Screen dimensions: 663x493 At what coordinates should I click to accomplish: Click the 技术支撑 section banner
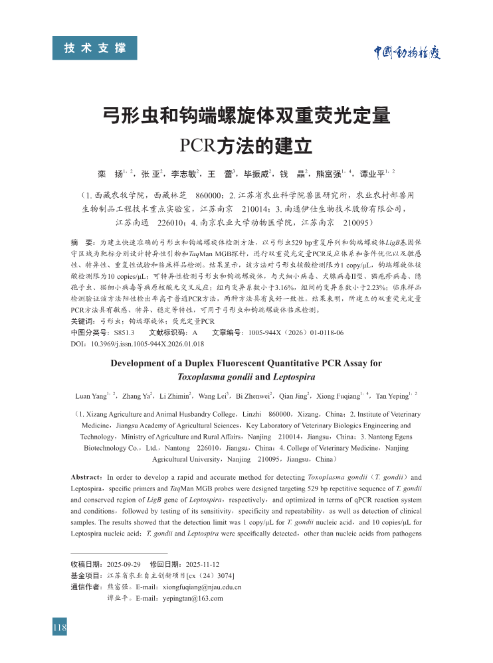[x=95, y=48]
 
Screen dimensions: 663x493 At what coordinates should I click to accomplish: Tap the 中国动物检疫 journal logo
[x=405, y=52]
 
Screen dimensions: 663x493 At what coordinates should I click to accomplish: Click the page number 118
[x=60, y=627]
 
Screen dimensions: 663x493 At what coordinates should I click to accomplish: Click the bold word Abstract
[x=86, y=477]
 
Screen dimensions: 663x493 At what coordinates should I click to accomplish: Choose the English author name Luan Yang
[x=91, y=396]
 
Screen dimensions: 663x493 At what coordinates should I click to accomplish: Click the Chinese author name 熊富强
[x=328, y=175]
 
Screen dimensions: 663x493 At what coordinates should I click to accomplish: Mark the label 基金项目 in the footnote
[x=86, y=575]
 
